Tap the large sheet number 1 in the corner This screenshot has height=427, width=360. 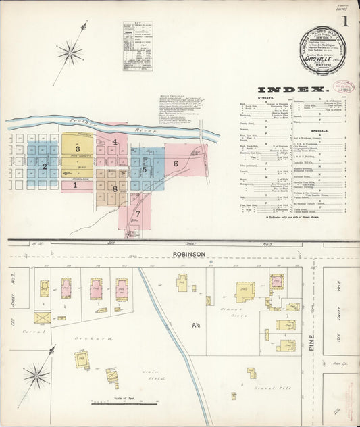[344, 21]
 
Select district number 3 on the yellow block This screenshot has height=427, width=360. [78, 149]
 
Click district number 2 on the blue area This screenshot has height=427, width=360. [45, 166]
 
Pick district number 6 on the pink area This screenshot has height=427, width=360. [176, 164]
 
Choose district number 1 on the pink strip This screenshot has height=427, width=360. [75, 184]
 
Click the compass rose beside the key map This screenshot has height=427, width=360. [70, 51]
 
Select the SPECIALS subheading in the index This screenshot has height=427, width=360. [319, 130]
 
